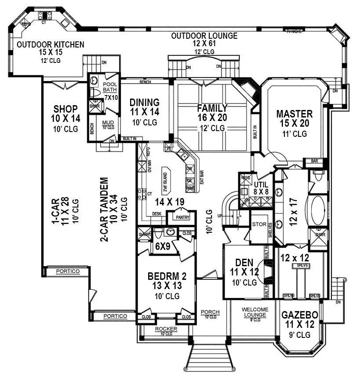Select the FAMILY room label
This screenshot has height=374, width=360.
(212, 108)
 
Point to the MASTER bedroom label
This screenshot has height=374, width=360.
(294, 114)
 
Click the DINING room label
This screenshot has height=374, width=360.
(145, 103)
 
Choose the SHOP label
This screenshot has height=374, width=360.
(65, 109)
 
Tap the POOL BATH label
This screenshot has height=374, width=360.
(110, 87)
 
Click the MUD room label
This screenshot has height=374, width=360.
(108, 123)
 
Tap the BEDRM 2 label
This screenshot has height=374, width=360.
(167, 276)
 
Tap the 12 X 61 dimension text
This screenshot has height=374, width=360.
(204, 44)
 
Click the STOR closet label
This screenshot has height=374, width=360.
(259, 224)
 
